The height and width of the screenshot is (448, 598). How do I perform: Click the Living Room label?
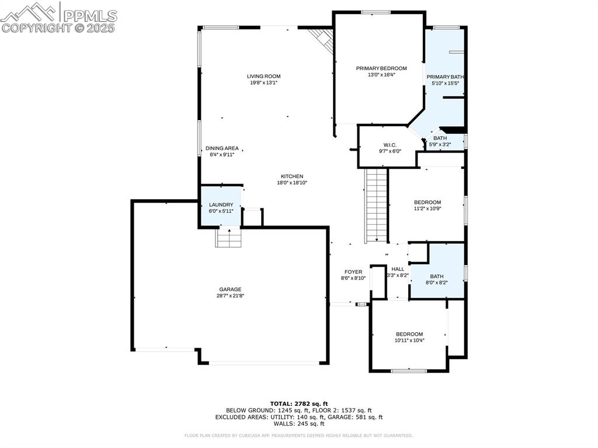pyautogui.click(x=263, y=76)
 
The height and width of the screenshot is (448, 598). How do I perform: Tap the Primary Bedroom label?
pyautogui.click(x=381, y=68)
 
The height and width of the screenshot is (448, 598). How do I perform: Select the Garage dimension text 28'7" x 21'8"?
pyautogui.click(x=230, y=296)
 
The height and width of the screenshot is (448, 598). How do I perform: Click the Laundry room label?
pyautogui.click(x=221, y=204)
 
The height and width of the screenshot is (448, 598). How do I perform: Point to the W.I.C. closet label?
pyautogui.click(x=390, y=144)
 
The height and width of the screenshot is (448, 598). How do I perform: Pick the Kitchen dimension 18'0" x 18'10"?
pyautogui.click(x=291, y=183)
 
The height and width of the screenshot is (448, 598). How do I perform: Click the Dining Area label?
pyautogui.click(x=222, y=148)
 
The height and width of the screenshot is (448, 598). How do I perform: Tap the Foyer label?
pyautogui.click(x=353, y=272)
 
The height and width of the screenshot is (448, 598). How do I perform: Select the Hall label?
pyautogui.click(x=398, y=269)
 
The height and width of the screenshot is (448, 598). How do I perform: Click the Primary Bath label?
pyautogui.click(x=445, y=77)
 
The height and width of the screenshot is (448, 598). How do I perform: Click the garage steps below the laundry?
pyautogui.click(x=228, y=238)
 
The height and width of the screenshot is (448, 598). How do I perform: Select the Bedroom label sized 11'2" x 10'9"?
pyautogui.click(x=427, y=202)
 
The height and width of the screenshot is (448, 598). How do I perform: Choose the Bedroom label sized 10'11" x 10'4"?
pyautogui.click(x=409, y=334)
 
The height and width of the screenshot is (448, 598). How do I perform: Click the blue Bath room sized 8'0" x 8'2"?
pyautogui.click(x=437, y=272)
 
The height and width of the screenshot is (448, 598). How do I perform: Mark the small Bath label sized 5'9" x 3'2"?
pyautogui.click(x=440, y=138)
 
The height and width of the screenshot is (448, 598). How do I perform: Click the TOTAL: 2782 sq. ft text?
pyautogui.click(x=298, y=404)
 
